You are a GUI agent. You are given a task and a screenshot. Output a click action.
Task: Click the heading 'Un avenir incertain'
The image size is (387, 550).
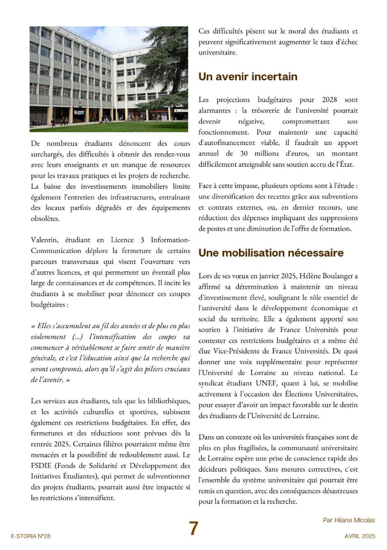click(248, 77)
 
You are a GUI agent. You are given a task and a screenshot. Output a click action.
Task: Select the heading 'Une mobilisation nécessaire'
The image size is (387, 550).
click(271, 253)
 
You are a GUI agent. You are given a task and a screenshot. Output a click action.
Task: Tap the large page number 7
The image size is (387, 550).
click(194, 528)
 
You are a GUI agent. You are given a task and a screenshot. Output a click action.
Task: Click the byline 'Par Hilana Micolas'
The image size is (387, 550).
click(349, 520)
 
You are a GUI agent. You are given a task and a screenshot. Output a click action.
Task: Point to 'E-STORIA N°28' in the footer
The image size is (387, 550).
click(31, 536)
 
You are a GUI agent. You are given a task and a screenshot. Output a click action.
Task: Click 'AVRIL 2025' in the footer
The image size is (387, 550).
click(360, 536)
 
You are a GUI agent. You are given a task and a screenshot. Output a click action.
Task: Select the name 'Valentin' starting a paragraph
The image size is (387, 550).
click(44, 240)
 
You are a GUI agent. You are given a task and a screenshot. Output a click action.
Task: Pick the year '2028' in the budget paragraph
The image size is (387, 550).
click(329, 100)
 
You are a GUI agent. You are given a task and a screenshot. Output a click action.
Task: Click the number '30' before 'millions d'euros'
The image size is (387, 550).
click(244, 154)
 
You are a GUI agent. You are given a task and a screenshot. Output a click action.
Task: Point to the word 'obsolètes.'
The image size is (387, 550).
click(45, 219)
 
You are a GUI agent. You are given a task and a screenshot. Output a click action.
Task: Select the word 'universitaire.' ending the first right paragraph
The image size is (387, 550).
click(218, 53)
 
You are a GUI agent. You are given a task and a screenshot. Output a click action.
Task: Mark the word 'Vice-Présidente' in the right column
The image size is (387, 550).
click(235, 351)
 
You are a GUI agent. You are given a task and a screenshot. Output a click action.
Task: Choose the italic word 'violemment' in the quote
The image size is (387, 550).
click(48, 337)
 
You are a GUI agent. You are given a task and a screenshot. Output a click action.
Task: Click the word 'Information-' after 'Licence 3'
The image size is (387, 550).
click(170, 240)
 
